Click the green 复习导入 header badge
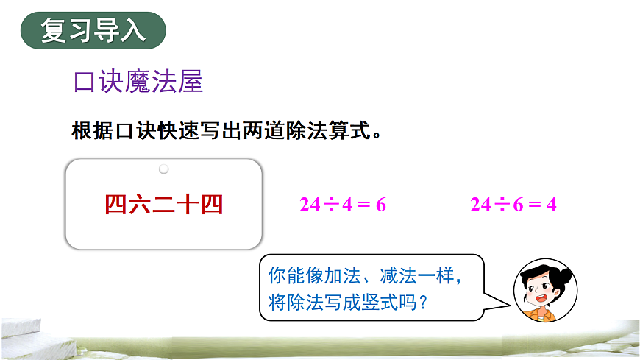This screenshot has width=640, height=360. pos(93,31)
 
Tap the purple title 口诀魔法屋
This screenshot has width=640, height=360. pos(138,82)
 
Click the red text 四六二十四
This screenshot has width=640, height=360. pos(163,204)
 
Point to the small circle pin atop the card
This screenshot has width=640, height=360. pos(164,169)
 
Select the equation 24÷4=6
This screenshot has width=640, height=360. pos(343,205)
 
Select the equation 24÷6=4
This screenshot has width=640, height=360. pos(513,205)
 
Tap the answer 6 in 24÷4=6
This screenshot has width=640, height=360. pos(381,205)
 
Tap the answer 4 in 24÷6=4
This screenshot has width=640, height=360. pos(552,205)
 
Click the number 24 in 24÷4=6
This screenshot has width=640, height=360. pos(310,205)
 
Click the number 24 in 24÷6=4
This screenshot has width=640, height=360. pos(480,205)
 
